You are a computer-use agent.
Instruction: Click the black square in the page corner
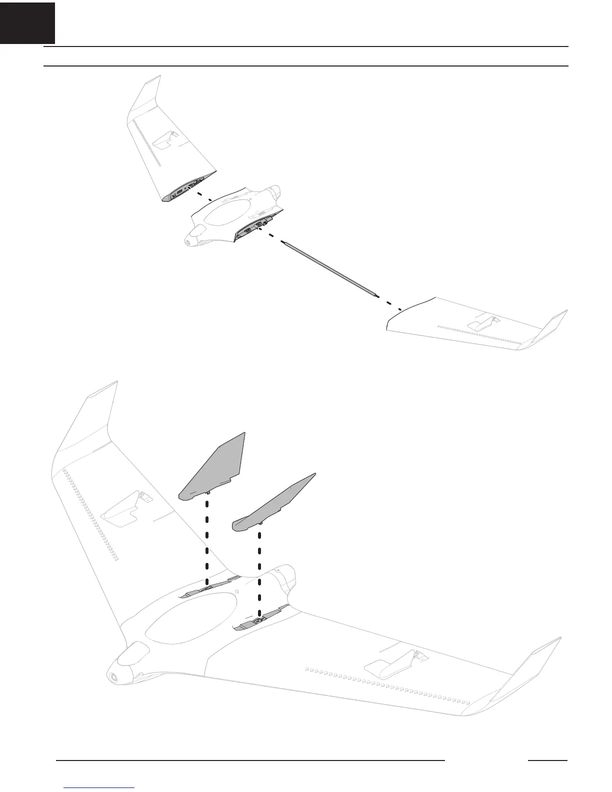(x=27, y=22)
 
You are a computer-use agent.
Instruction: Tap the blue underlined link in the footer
(x=100, y=788)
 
